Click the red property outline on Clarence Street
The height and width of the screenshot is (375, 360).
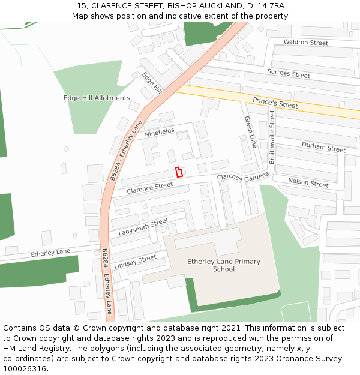click(179, 172)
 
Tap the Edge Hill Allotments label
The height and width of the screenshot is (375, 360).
click(97, 98)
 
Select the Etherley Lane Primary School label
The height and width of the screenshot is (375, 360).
click(224, 265)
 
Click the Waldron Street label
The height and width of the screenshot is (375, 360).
click(305, 43)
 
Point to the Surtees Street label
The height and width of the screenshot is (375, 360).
click(289, 74)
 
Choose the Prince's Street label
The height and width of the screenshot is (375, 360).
click(275, 103)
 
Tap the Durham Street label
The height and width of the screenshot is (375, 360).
click(323, 147)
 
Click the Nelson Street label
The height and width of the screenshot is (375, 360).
click(308, 182)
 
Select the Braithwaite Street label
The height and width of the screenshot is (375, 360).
click(272, 136)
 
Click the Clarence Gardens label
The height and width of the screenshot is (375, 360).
click(243, 178)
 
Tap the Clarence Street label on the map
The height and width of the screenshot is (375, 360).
click(149, 188)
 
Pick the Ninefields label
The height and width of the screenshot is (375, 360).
click(160, 132)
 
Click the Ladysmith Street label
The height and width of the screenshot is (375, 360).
click(143, 227)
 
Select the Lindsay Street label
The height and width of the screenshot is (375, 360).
click(135, 262)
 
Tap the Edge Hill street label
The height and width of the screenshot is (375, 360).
click(152, 82)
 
